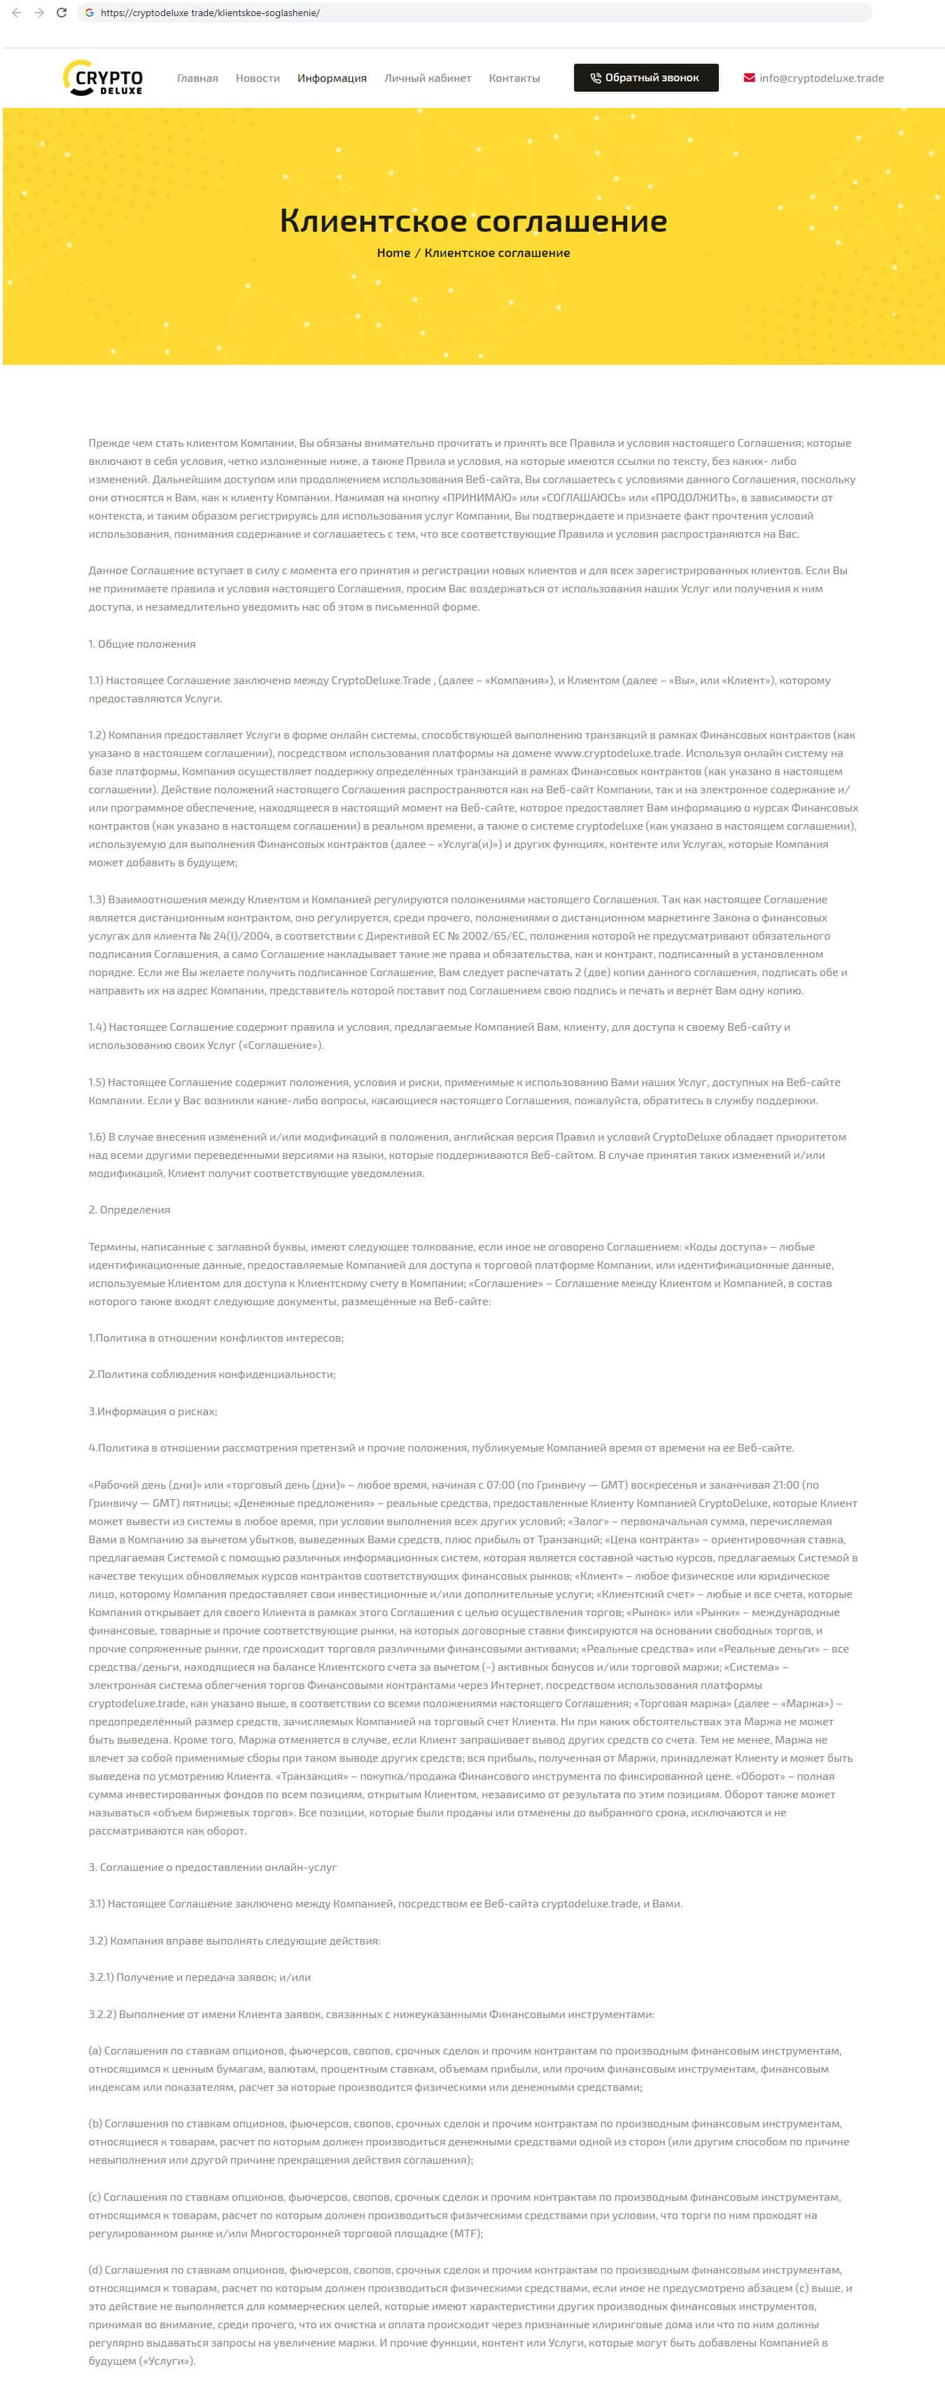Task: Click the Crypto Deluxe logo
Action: [x=103, y=78]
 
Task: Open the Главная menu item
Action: [x=197, y=78]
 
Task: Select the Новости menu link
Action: [x=258, y=78]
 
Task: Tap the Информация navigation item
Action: [x=331, y=78]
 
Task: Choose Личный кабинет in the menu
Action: [x=428, y=78]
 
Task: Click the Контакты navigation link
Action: [x=514, y=78]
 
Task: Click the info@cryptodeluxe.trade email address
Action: [x=821, y=78]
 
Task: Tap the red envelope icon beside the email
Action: [x=749, y=78]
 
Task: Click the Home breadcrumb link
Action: [x=393, y=253]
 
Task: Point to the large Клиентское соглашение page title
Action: [x=473, y=221]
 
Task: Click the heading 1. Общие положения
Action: [x=141, y=644]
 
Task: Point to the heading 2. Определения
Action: [x=129, y=1209]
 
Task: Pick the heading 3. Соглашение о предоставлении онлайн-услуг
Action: [x=213, y=1867]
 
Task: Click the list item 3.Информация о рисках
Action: [x=153, y=1411]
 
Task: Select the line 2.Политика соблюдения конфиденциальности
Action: [x=212, y=1374]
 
